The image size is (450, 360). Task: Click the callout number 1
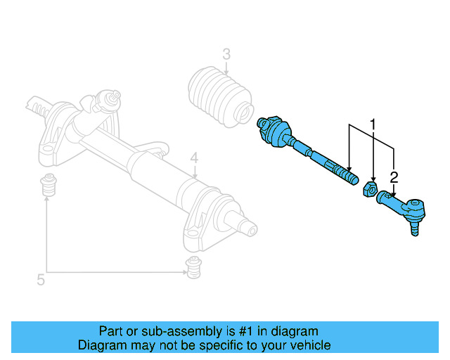point(373,125)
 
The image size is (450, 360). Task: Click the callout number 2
point(394,176)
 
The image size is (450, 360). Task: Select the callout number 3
point(226,54)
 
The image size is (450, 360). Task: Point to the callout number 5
point(41,280)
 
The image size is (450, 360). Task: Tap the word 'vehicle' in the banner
point(310,345)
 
